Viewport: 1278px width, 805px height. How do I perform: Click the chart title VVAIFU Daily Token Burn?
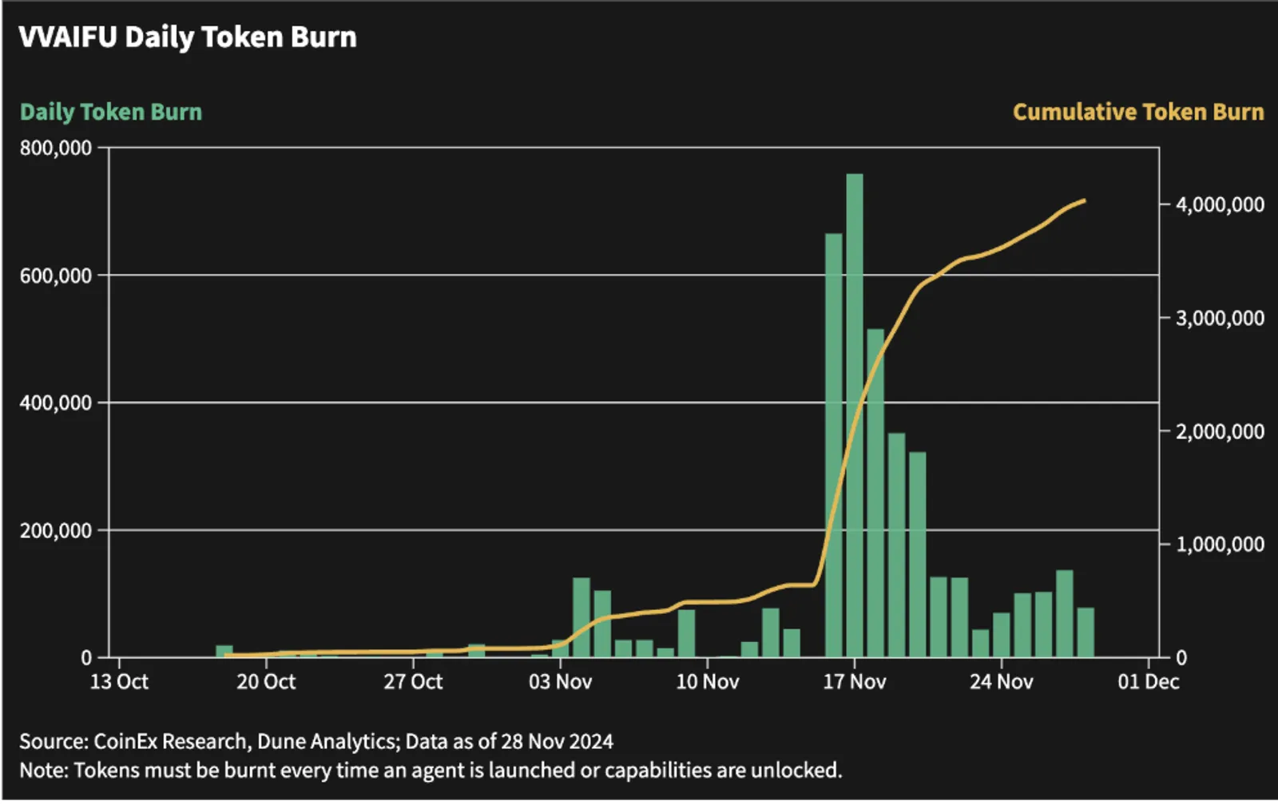point(188,38)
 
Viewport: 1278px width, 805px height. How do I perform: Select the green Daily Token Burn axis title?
point(111,113)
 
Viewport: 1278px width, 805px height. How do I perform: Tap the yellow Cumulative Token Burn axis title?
point(1138,112)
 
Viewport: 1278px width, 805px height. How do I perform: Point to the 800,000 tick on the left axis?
point(56,149)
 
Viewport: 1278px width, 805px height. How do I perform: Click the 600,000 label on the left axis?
point(56,276)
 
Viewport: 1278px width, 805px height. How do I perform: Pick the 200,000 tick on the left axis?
point(56,531)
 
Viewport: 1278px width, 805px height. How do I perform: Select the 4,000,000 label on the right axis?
point(1220,204)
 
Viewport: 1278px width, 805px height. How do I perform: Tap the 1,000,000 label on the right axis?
point(1220,545)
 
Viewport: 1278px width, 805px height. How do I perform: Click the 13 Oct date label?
point(119,682)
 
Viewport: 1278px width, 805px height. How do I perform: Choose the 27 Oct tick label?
point(413,682)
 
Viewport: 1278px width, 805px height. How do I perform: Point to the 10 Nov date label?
point(708,682)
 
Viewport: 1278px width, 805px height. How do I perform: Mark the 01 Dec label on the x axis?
point(1149,682)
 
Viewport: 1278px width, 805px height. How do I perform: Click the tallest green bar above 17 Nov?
point(855,415)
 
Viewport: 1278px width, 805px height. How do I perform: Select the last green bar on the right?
point(1086,632)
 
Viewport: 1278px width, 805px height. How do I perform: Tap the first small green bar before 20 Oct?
point(224,652)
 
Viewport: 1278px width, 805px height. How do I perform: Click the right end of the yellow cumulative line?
point(1085,200)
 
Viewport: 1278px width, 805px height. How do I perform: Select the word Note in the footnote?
point(42,771)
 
